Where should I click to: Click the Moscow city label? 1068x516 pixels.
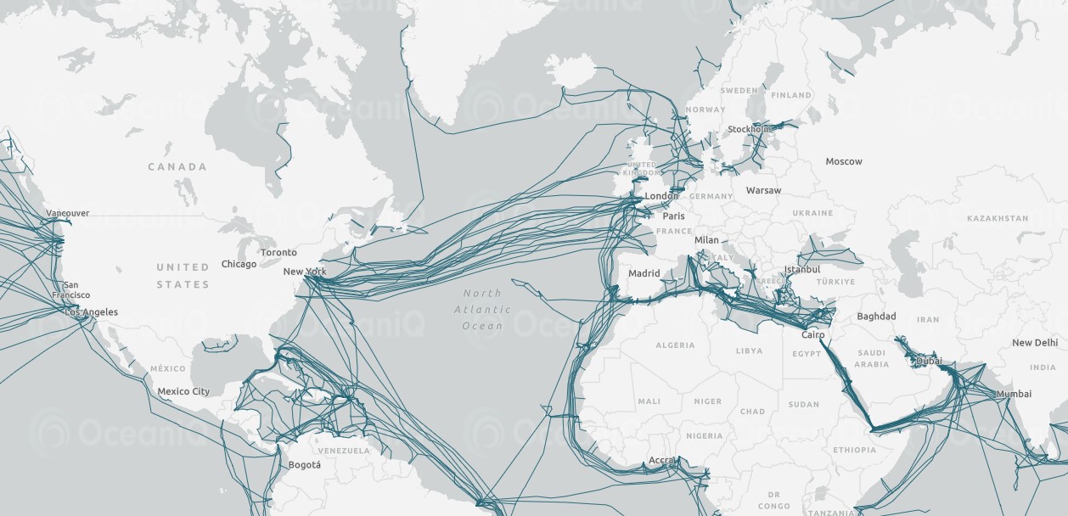pyautogui.click(x=843, y=161)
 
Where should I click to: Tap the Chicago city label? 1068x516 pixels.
pyautogui.click(x=239, y=264)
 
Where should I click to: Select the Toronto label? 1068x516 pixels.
pyautogui.click(x=278, y=252)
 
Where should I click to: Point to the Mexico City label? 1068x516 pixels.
pyautogui.click(x=183, y=391)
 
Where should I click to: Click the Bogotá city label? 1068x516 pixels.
pyautogui.click(x=305, y=464)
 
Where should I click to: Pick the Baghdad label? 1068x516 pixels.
pyautogui.click(x=876, y=317)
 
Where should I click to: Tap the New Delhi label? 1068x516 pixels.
pyautogui.click(x=1034, y=343)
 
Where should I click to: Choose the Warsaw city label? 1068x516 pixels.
pyautogui.click(x=763, y=190)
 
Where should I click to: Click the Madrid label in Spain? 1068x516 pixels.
pyautogui.click(x=644, y=273)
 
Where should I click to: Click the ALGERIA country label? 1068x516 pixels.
pyautogui.click(x=675, y=345)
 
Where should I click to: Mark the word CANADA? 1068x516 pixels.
pyautogui.click(x=177, y=166)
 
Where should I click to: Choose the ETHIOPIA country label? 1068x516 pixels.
pyautogui.click(x=854, y=450)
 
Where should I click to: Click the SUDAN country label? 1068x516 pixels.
pyautogui.click(x=803, y=404)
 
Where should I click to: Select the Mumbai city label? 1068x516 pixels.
pyautogui.click(x=1014, y=394)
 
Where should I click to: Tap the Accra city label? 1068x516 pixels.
pyautogui.click(x=661, y=460)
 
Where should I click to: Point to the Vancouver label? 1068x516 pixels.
pyautogui.click(x=68, y=213)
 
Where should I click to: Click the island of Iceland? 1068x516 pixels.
pyautogui.click(x=570, y=71)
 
